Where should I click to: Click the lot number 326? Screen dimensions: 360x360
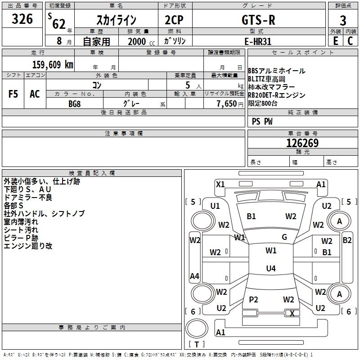(x=22, y=19)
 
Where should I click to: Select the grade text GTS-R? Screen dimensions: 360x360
(x=258, y=20)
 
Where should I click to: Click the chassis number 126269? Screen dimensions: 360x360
(x=302, y=143)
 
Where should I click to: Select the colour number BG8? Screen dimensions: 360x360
(x=75, y=103)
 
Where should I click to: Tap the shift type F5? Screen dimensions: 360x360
(x=13, y=94)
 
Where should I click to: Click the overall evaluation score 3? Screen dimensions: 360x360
(x=343, y=20)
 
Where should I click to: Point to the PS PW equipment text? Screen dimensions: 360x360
(x=262, y=121)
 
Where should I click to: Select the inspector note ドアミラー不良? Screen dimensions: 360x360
(x=28, y=197)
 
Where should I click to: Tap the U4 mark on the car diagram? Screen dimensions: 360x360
(x=270, y=269)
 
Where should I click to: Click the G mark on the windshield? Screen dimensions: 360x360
(x=284, y=237)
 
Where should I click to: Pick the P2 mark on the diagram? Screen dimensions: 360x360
(x=253, y=299)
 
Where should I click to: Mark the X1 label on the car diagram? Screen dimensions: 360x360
(x=220, y=184)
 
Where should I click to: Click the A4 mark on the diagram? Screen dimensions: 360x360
(x=194, y=276)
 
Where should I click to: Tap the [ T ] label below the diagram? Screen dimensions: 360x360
(x=197, y=345)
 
